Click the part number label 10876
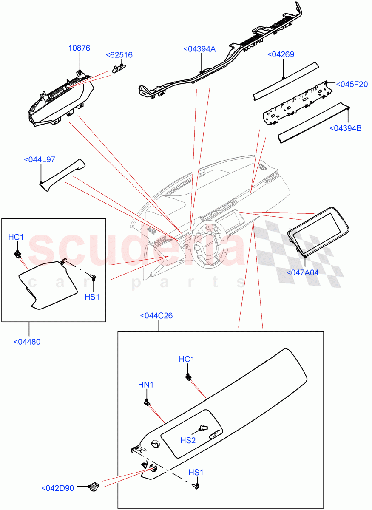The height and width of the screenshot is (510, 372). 79,48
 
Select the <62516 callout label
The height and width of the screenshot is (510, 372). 119,55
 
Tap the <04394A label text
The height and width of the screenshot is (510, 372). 199,49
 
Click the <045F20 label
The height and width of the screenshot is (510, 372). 352,84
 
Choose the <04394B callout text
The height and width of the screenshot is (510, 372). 346,128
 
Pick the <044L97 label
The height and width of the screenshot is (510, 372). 40,160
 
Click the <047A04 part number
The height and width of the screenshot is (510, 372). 303,272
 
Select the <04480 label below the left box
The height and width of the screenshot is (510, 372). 27,341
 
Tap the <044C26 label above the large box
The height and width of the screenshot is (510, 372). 156,316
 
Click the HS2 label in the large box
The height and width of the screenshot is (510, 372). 188,440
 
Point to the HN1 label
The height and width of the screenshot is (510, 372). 146,385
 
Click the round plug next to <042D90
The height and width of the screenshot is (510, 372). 93,487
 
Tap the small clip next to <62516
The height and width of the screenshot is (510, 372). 118,68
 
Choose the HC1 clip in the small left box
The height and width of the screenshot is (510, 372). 18,254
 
